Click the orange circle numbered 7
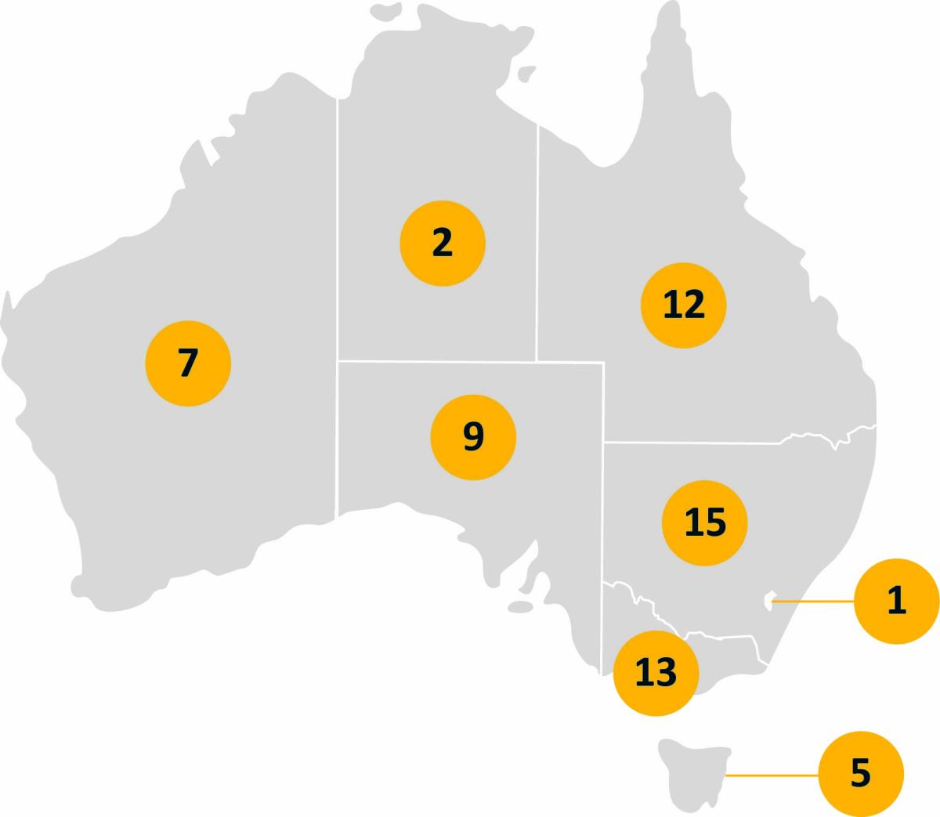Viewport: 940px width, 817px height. pos(188,363)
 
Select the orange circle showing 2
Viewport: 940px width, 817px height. pos(443,243)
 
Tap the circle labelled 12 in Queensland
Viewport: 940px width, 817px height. pos(683,305)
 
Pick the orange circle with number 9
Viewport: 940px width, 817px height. pos(473,437)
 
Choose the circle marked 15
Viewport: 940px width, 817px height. pos(704,522)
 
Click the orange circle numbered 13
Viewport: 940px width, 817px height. pos(656,672)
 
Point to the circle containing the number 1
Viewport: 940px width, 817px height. pos(896,601)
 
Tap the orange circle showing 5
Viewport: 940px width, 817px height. pos(860,774)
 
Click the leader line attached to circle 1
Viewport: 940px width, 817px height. pos(815,602)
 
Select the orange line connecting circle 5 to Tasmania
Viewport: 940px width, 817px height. pos(772,775)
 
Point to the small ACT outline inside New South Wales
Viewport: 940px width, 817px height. pos(768,602)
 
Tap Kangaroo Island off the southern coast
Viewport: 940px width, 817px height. pos(520,607)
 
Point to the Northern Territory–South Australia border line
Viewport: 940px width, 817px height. pos(439,361)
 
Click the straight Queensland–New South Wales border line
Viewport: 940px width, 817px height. pos(689,443)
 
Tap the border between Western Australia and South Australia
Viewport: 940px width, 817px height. pos(338,439)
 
